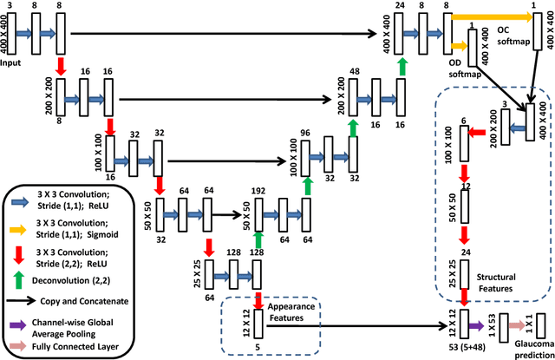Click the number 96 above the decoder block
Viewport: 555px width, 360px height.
[304, 134]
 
